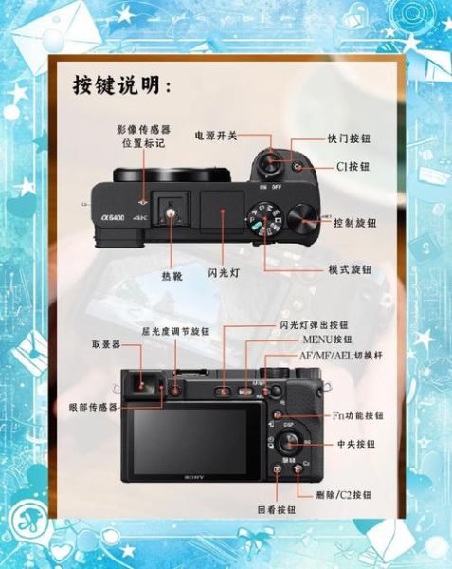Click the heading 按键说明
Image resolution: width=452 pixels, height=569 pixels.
click(x=121, y=85)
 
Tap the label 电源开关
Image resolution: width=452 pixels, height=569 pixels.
click(x=217, y=136)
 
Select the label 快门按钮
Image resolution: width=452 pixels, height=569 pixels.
click(x=348, y=137)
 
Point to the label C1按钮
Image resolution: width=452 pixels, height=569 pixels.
click(x=353, y=166)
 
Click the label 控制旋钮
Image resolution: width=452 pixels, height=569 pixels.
click(x=355, y=224)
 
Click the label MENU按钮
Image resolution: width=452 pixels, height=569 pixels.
click(x=327, y=340)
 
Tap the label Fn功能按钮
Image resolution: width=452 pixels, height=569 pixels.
click(x=357, y=415)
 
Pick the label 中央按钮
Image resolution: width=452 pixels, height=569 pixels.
click(x=354, y=444)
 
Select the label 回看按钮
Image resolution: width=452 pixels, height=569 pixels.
click(x=276, y=508)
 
